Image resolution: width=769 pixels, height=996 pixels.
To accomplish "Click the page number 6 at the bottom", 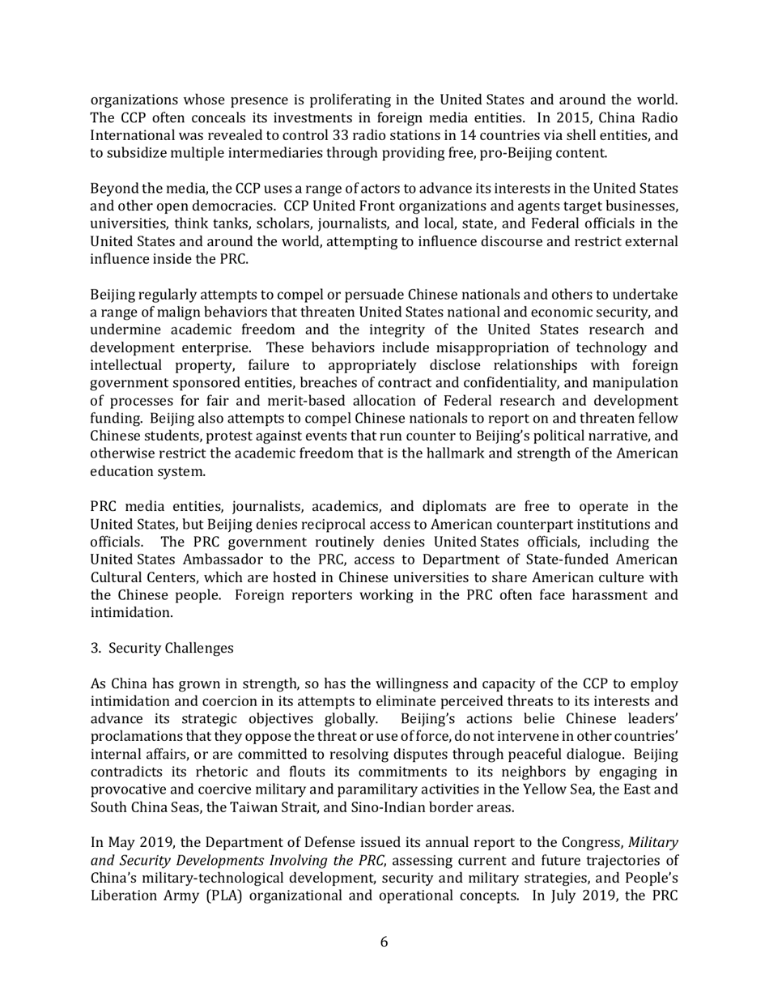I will [x=384, y=942].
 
